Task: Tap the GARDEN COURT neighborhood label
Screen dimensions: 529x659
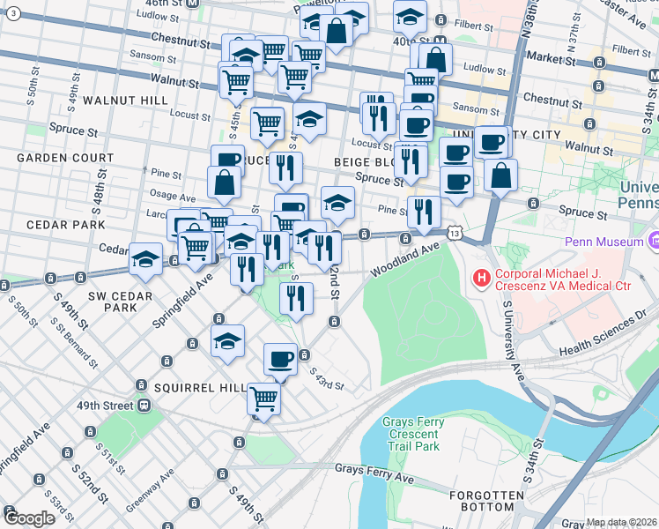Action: coord(65,158)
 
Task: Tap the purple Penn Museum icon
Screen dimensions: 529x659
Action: coord(653,240)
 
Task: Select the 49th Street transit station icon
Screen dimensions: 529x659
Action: coord(144,406)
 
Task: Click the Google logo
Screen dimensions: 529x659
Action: coord(29,518)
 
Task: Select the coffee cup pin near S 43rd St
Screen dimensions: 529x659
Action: coord(281,358)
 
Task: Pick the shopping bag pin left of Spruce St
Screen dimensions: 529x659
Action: coord(225,182)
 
